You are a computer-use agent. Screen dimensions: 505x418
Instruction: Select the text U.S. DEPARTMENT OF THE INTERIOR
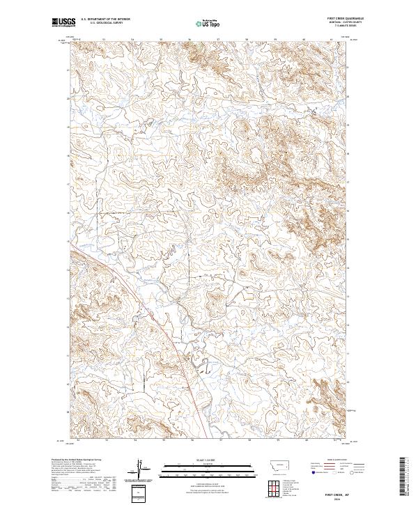pyautogui.click(x=106, y=20)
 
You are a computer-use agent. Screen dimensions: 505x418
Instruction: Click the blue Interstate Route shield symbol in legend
pyautogui.click(x=312, y=479)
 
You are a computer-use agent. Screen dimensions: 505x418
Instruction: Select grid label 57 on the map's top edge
pyautogui.click(x=220, y=40)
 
